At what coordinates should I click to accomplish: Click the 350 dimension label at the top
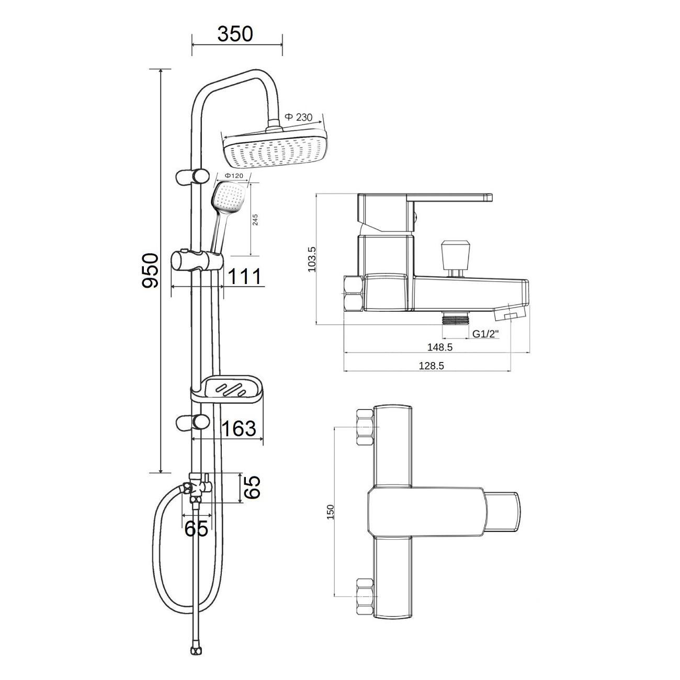click(235, 34)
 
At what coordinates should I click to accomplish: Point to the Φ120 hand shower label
click(234, 175)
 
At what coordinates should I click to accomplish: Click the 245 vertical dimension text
click(255, 220)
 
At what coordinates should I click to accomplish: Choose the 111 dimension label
click(245, 276)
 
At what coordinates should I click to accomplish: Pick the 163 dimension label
click(239, 428)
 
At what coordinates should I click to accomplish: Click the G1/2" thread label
click(486, 334)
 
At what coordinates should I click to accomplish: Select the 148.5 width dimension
click(440, 347)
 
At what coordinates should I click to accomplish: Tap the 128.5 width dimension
click(431, 366)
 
